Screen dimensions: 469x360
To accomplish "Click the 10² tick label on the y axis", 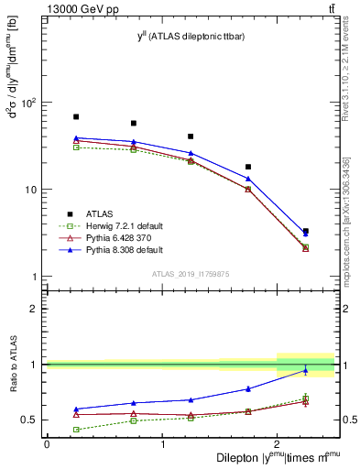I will coord(28,103).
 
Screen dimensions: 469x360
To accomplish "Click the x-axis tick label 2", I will coord(277,443).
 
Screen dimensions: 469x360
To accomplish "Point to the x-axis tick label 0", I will coord(47,443).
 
